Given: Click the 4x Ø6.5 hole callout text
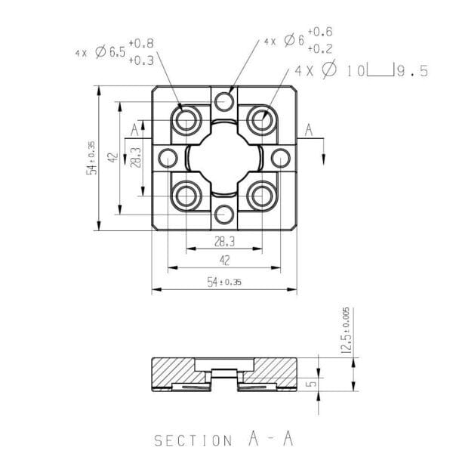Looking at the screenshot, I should coord(112,53).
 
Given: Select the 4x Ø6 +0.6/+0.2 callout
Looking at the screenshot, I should coord(299,41).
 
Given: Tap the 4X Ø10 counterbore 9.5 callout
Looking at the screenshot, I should coord(362,71).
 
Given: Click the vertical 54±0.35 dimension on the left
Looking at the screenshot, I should coord(91,158).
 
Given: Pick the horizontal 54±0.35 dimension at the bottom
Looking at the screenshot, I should coord(224,282).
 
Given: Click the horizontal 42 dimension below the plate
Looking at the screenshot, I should coord(224,259).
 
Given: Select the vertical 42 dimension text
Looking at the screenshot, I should coord(112,158).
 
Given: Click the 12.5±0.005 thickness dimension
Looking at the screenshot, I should coord(346,331).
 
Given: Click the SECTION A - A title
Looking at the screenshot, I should coord(223,438).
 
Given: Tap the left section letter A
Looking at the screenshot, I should coord(134,130).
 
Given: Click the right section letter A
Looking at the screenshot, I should coord(309,130).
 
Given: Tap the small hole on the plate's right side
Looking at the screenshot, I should coord(280,158).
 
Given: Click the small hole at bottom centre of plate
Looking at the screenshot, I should coord(223,214).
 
